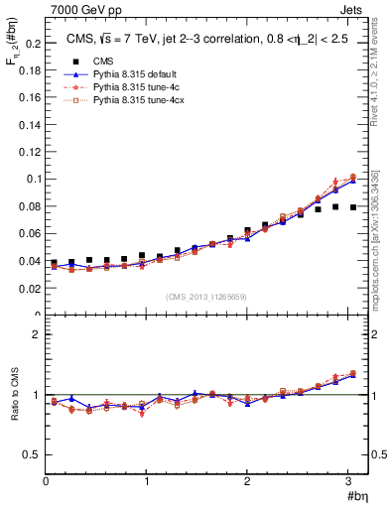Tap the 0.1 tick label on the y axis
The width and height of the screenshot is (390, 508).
[x=32, y=180]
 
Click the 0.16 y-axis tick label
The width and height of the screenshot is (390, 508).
[x=29, y=98]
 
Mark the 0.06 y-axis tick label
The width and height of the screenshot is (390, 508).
[x=29, y=234]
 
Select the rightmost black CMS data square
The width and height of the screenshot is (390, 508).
[x=353, y=207]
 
